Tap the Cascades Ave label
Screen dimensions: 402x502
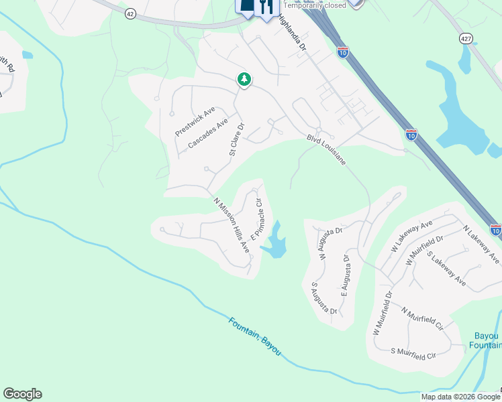208,133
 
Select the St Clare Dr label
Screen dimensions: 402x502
236,139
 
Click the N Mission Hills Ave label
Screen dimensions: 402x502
232,224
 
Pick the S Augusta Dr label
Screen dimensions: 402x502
323,299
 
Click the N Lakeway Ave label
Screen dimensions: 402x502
481,244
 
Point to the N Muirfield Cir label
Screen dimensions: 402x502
423,320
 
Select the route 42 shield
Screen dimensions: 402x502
130,13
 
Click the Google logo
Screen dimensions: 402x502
22,394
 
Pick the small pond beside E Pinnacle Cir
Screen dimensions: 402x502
275,244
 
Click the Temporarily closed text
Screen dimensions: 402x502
315,5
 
